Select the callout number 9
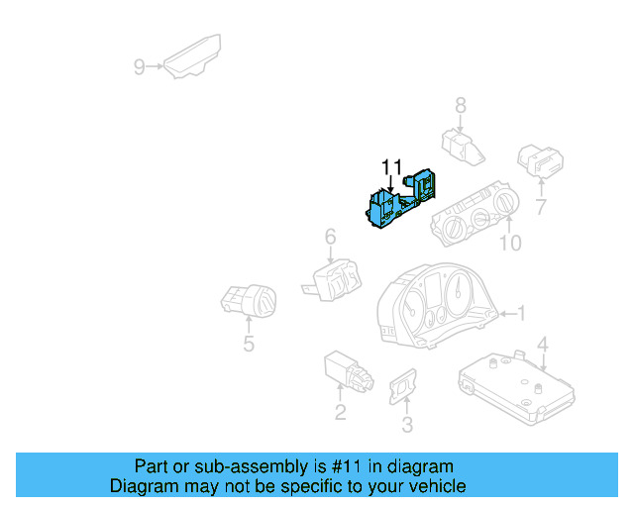click(x=139, y=67)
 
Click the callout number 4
click(x=543, y=345)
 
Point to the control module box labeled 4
click(x=516, y=387)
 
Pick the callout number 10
click(x=510, y=243)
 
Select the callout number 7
click(x=541, y=207)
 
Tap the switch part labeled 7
click(x=541, y=161)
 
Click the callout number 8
click(x=461, y=106)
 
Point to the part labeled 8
click(x=463, y=148)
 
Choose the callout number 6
click(x=330, y=237)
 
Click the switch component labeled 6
click(x=333, y=280)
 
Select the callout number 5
click(x=249, y=344)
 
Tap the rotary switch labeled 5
click(x=249, y=301)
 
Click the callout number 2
click(x=341, y=412)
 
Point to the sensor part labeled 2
click(x=349, y=371)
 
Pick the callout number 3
click(x=407, y=425)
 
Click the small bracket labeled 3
click(x=403, y=386)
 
